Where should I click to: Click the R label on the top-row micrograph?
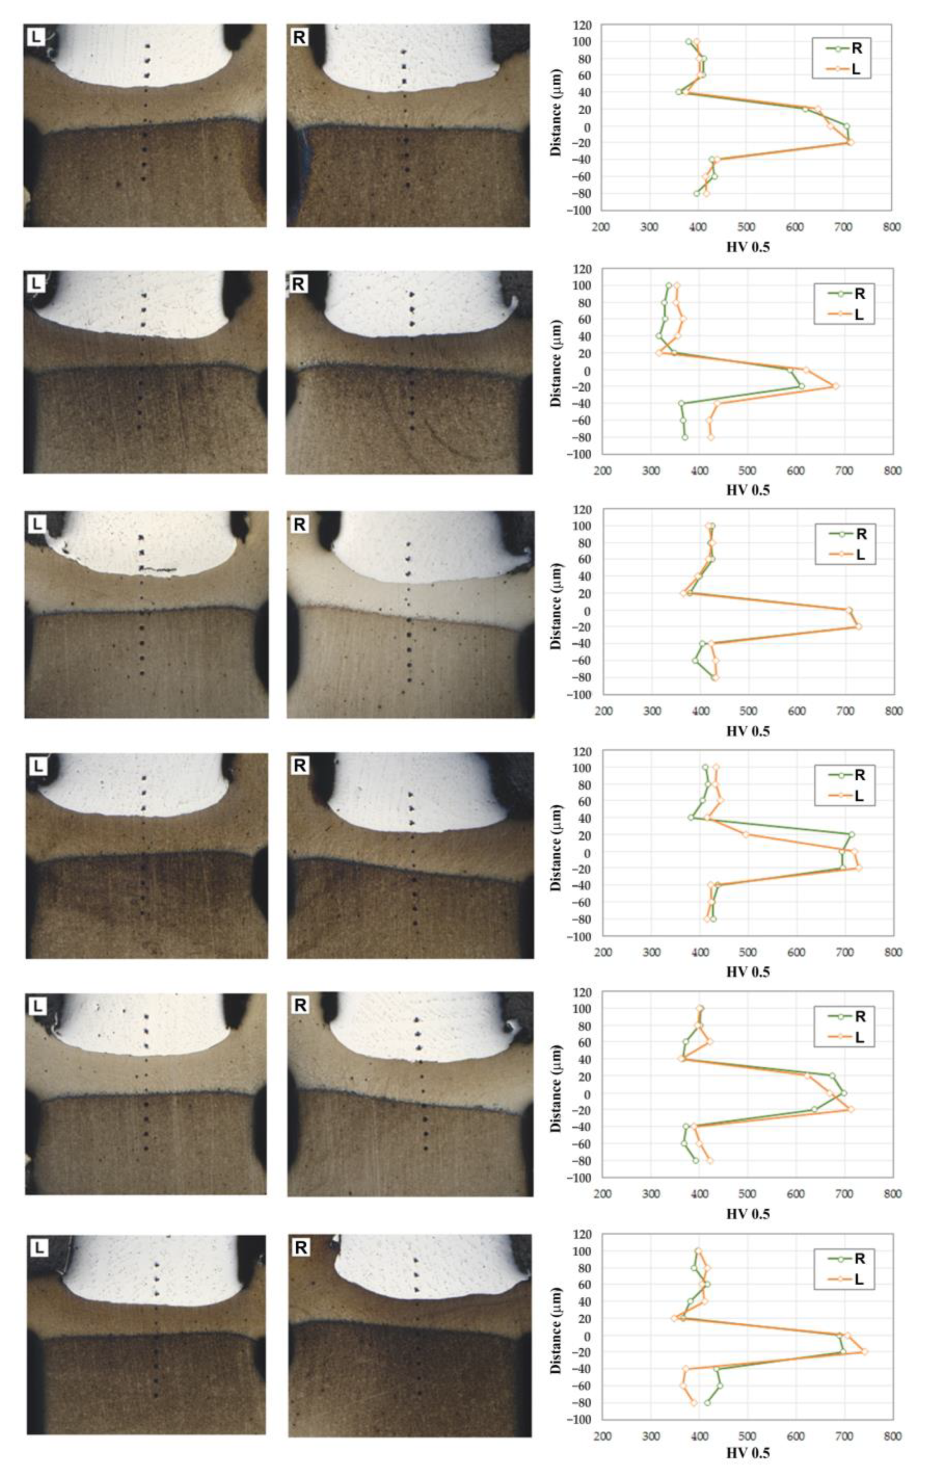[x=299, y=37]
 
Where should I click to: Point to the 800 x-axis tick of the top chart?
[x=892, y=228]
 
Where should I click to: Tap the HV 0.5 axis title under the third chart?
[x=748, y=731]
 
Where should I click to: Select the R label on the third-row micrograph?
[x=300, y=525]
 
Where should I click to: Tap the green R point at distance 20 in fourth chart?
[x=851, y=834]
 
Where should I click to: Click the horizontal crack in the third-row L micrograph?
[x=160, y=570]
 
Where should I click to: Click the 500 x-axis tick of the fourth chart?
[x=748, y=952]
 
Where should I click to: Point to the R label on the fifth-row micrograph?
[x=300, y=1005]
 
